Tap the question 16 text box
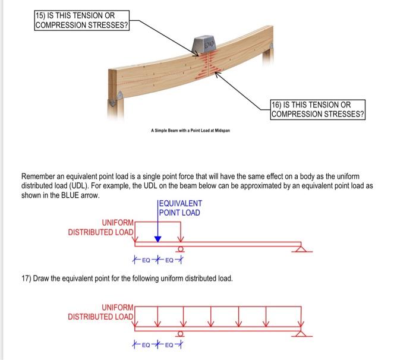(x=318, y=110)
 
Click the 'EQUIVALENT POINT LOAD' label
(x=180, y=208)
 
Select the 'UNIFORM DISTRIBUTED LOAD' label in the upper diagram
(x=100, y=228)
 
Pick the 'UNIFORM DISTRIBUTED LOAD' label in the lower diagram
(x=100, y=312)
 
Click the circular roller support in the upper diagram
(x=182, y=249)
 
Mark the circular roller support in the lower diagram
(x=182, y=333)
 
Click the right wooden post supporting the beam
(x=268, y=77)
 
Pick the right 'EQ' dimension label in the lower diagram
(x=171, y=345)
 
